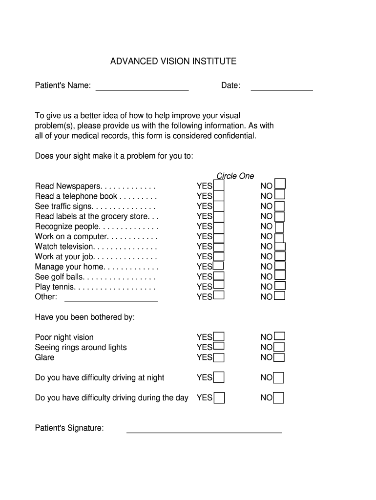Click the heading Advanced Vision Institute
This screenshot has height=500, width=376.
tap(173, 62)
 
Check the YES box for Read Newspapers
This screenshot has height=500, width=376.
tap(219, 186)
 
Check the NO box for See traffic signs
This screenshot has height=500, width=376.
tap(279, 206)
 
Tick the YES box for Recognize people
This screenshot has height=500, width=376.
tap(219, 227)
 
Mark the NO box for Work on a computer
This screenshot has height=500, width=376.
tap(279, 237)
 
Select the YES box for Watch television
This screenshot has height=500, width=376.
tap(219, 247)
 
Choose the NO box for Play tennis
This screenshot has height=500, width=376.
tap(279, 286)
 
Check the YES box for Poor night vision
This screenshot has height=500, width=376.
tap(219, 336)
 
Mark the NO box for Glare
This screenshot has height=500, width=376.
tap(279, 357)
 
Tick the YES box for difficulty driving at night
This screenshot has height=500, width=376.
tap(219, 377)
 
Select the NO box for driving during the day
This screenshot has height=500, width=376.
tap(278, 398)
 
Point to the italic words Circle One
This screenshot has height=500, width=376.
tap(235, 176)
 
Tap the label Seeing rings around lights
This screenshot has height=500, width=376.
tap(81, 347)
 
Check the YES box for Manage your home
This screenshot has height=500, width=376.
tap(218, 266)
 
